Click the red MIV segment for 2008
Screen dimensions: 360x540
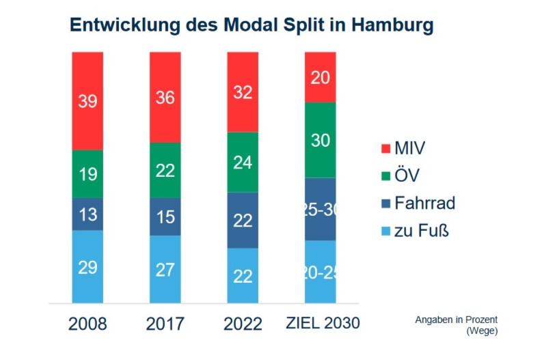[87, 100]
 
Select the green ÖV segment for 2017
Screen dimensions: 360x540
[165, 170]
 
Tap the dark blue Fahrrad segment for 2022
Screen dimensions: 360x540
[243, 220]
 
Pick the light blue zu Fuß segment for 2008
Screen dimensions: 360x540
[87, 266]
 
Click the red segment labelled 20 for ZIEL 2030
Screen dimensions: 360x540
[320, 77]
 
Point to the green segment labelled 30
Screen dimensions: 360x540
[320, 140]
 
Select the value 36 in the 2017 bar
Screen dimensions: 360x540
[165, 98]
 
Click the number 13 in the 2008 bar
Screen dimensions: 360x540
[87, 214]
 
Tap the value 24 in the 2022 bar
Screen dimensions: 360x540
[243, 163]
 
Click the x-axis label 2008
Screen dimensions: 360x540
[87, 324]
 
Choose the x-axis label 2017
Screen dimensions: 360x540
[165, 324]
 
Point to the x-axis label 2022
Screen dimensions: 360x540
[243, 324]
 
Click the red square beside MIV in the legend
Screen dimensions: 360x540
[385, 148]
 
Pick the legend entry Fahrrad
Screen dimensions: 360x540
[424, 203]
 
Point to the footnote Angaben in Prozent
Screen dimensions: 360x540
[456, 319]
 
